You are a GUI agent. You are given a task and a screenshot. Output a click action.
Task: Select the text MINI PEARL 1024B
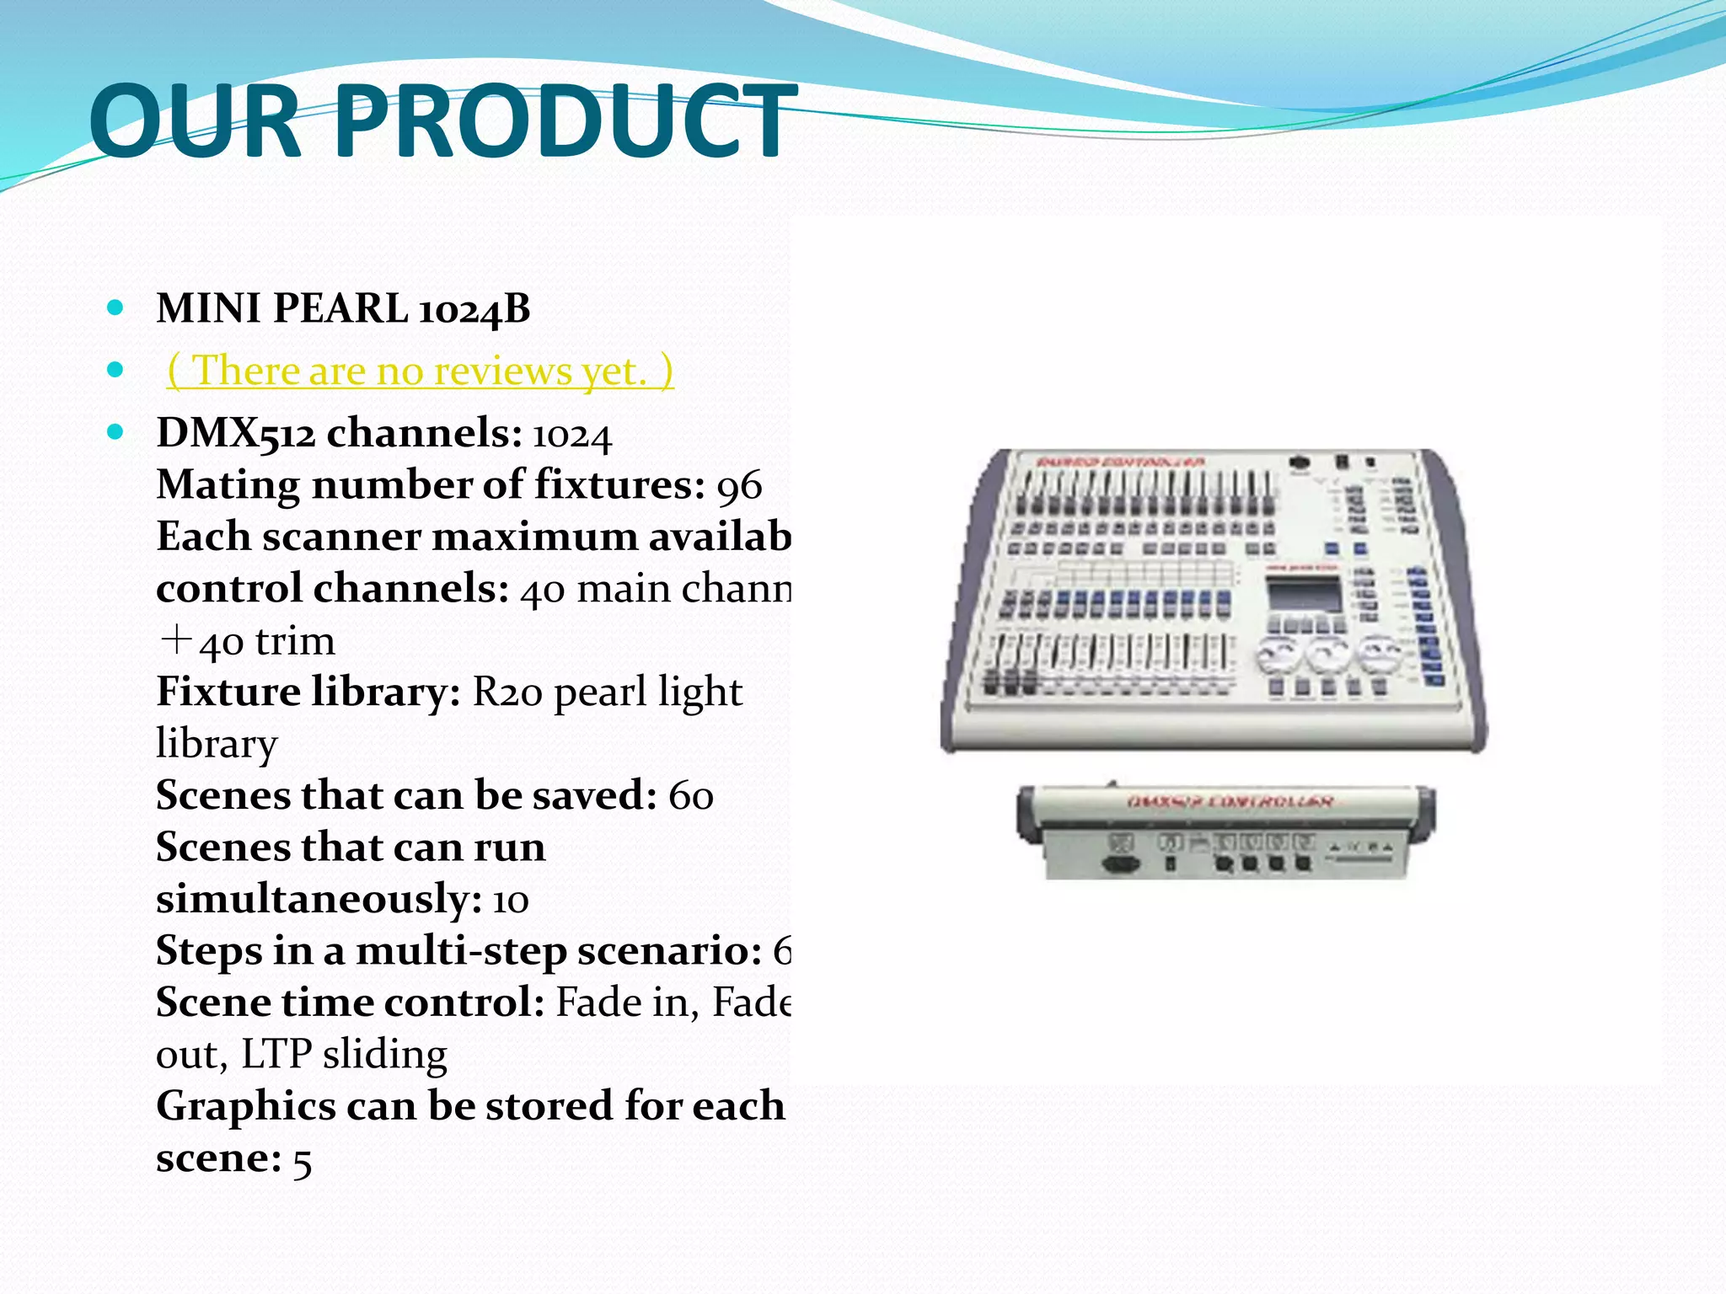[x=343, y=308]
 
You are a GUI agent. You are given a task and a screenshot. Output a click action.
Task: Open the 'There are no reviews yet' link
[x=421, y=371]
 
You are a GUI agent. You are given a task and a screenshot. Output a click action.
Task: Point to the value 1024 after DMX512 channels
[x=571, y=435]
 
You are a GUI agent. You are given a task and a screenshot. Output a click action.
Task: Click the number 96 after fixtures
[x=739, y=486]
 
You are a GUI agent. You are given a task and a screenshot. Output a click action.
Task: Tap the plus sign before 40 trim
[x=175, y=640]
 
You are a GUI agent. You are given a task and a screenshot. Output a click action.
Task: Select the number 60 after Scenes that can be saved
[x=690, y=796]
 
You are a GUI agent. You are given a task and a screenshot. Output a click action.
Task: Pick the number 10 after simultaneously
[x=510, y=900]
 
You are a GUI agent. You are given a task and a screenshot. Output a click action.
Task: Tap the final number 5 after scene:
[x=302, y=1160]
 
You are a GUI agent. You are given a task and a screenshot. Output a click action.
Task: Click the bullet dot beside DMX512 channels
[x=116, y=433]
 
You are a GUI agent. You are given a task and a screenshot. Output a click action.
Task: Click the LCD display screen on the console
[x=1304, y=596]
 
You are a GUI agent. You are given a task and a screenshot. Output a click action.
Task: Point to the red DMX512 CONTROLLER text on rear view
[x=1230, y=801]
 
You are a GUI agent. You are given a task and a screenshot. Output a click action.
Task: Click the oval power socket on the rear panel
[x=1122, y=864]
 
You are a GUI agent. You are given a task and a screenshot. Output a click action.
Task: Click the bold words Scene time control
[x=350, y=1003]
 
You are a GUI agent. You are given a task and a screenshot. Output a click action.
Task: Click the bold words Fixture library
[x=308, y=692]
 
